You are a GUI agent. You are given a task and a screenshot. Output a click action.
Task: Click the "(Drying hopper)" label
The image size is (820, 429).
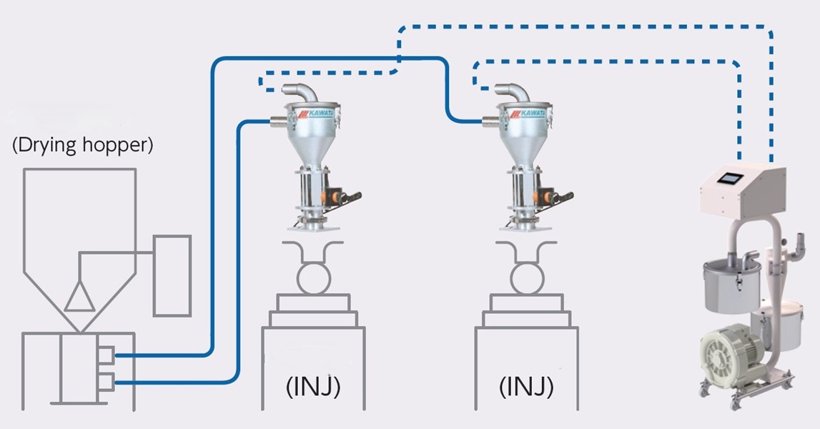click(x=83, y=146)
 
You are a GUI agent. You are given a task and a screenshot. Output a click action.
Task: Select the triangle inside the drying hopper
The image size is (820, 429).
click(x=79, y=295)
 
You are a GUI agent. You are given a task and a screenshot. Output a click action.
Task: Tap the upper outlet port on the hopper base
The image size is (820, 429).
click(x=105, y=355)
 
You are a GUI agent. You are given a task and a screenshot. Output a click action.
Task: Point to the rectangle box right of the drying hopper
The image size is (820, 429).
click(x=172, y=275)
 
